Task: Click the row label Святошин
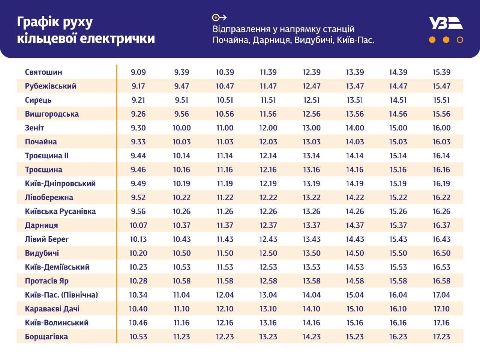coord(43,72)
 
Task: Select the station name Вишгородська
coord(52,114)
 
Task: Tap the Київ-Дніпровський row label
coord(60,183)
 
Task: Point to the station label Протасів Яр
coord(46,281)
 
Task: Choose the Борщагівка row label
coord(46,336)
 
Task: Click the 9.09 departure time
coord(138,72)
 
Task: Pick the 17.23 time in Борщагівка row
coord(441,336)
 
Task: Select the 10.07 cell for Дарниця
coord(138,225)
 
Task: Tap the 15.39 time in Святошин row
coord(441,72)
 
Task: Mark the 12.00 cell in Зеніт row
coord(268,128)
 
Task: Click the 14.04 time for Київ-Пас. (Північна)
coord(312,295)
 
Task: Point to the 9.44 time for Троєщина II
coord(138,156)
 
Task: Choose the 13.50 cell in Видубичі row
coord(312,253)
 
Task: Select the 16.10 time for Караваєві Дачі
coord(398,309)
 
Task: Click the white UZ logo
coord(445,23)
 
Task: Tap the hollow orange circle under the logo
coord(460,40)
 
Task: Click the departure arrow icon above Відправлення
coord(219,17)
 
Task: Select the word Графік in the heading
coord(38,22)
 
